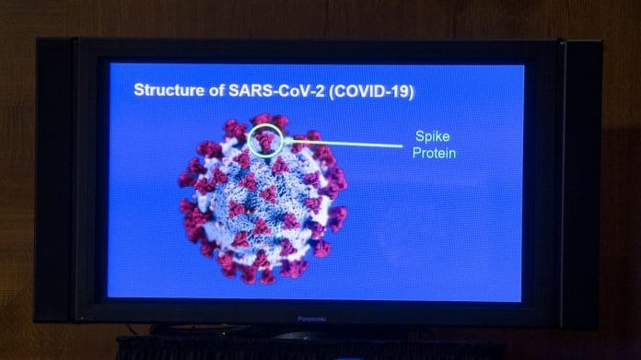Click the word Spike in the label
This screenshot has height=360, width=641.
click(432, 135)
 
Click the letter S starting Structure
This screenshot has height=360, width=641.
click(139, 90)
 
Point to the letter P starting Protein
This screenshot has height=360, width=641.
click(416, 153)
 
